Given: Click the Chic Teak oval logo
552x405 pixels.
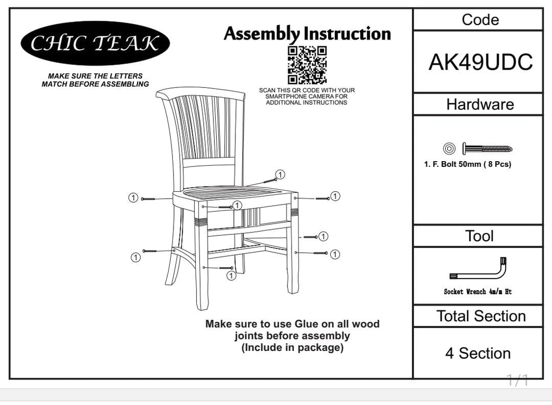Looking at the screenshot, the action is pyautogui.click(x=95, y=43).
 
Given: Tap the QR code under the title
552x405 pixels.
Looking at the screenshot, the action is pyautogui.click(x=307, y=66).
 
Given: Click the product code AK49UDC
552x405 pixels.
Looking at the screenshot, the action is pyautogui.click(x=480, y=62).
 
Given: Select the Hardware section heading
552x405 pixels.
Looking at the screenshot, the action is pyautogui.click(x=480, y=104).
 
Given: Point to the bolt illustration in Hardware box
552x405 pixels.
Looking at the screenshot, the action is pyautogui.click(x=487, y=149).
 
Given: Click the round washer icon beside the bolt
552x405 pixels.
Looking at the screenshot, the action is pyautogui.click(x=449, y=148).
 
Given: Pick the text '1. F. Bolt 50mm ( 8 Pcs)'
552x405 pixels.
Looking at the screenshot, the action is pyautogui.click(x=468, y=164).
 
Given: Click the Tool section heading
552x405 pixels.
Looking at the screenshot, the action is pyautogui.click(x=480, y=236).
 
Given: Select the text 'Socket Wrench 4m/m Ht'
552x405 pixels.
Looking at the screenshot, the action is pyautogui.click(x=478, y=292).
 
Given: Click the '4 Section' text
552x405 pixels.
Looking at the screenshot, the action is pyautogui.click(x=478, y=354).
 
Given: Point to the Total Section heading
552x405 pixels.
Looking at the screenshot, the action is pyautogui.click(x=481, y=316).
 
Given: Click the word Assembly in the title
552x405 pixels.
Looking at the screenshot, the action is pyautogui.click(x=262, y=34).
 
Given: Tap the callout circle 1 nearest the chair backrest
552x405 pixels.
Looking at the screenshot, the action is pyautogui.click(x=280, y=174).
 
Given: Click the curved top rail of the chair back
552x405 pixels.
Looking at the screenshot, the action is pyautogui.click(x=200, y=93).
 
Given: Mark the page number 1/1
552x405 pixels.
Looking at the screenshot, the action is pyautogui.click(x=517, y=380).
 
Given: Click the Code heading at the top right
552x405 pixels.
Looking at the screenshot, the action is pyautogui.click(x=480, y=20).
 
